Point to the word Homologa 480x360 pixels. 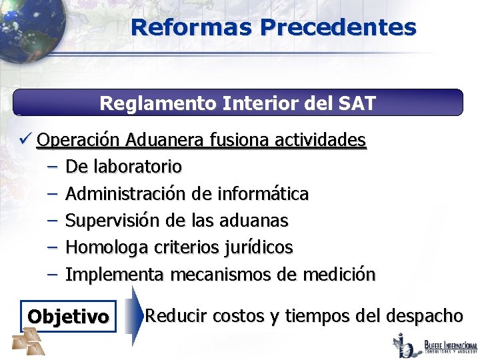(x=107, y=247)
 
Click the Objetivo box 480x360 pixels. (x=68, y=317)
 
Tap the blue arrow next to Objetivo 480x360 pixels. (x=135, y=315)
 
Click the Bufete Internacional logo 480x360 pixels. (x=437, y=345)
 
